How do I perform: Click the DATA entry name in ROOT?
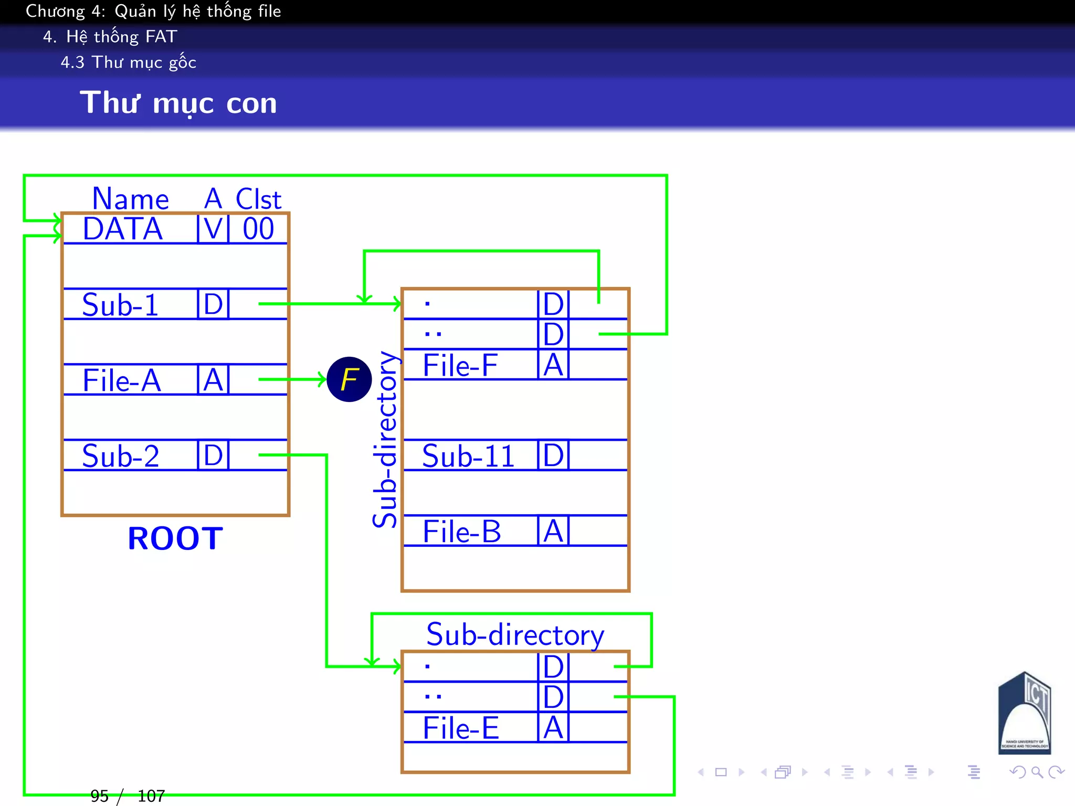click(123, 229)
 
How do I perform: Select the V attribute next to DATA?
click(213, 229)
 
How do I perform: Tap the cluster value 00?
click(258, 229)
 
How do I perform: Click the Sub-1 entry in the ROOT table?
click(120, 305)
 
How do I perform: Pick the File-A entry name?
click(122, 380)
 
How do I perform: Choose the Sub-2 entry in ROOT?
click(121, 456)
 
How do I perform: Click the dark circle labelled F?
click(349, 379)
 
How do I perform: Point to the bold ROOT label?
click(175, 538)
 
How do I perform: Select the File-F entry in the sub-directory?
click(460, 365)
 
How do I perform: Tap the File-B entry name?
click(462, 532)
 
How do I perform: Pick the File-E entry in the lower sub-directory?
click(461, 728)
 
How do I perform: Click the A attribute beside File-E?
click(553, 728)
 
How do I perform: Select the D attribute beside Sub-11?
click(553, 455)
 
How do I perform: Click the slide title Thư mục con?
click(178, 103)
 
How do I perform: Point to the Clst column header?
click(258, 199)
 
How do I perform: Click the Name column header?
click(130, 199)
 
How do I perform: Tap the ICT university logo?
click(1024, 714)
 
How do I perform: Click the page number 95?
click(99, 796)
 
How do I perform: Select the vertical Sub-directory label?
click(385, 440)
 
